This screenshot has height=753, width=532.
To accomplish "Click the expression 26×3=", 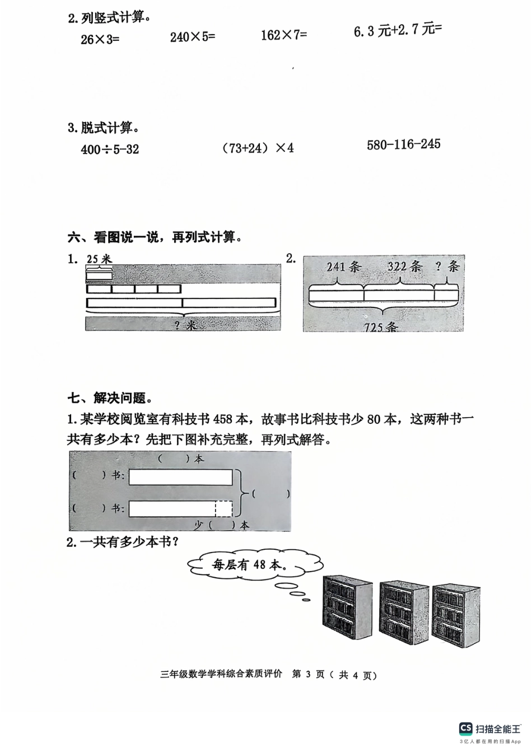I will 100,39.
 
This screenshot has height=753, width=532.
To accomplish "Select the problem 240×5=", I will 192,37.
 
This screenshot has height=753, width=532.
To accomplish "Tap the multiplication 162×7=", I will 284,35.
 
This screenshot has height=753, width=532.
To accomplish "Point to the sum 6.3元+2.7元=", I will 397,30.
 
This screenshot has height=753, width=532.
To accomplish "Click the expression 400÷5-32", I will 110,149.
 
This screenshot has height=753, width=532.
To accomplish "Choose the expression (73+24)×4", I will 258,148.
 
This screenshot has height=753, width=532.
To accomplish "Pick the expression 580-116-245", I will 403,144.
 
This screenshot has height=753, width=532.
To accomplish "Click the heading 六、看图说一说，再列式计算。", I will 156,237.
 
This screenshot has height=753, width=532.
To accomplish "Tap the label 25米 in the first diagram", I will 99,259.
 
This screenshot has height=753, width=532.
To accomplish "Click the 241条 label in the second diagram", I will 343,266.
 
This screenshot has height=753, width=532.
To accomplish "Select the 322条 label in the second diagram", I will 404,266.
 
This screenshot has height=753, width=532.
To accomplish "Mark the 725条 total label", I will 380,326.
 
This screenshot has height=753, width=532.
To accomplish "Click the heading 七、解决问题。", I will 110,398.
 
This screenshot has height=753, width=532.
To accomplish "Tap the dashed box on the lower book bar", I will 223,508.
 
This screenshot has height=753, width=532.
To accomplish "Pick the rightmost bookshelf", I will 455,613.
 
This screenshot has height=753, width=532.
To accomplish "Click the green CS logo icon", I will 465,728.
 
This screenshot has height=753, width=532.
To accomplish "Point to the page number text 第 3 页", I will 308,675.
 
